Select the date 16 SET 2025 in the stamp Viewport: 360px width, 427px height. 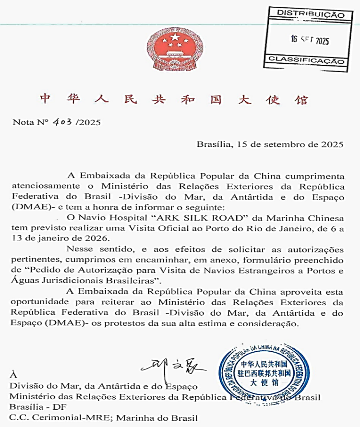(x=310, y=40)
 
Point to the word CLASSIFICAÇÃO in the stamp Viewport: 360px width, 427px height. (x=307, y=61)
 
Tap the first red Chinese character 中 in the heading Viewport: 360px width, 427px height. (x=45, y=99)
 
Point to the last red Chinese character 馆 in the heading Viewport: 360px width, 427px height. (x=301, y=99)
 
